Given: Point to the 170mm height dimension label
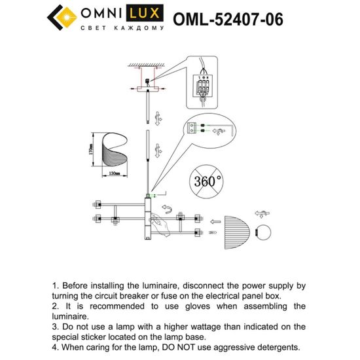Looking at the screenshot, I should pos(93,154).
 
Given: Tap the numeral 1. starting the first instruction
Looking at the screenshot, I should pos(56,286).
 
